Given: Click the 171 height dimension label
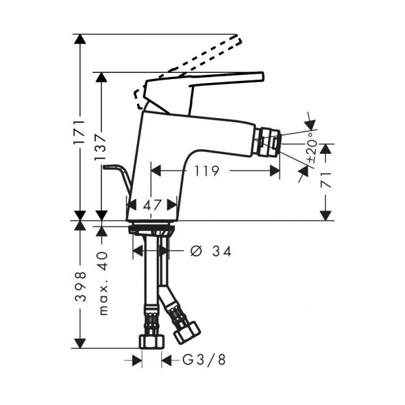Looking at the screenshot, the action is [80, 132].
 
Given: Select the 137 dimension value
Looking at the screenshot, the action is [101, 146].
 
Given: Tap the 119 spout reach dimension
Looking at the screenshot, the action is [207, 171].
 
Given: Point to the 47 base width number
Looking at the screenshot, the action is [153, 205].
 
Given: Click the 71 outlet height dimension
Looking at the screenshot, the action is [326, 180].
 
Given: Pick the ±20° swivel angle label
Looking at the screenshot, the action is [312, 148].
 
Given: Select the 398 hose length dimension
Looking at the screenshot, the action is [80, 286].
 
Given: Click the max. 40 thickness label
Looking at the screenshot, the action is [103, 283].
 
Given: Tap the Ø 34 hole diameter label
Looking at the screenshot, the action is [211, 251].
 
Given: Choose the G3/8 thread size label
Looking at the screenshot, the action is [204, 360].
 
